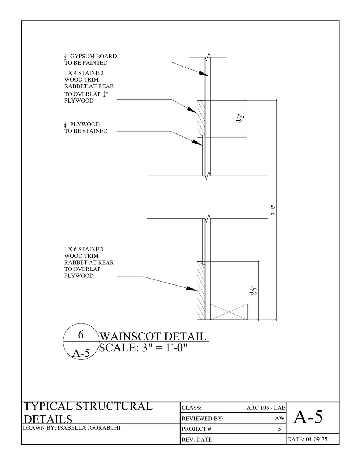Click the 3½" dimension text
241,119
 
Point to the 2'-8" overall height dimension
273,210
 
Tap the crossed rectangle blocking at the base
229,311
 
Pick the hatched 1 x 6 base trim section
201,290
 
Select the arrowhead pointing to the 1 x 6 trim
192,289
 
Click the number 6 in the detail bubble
81,335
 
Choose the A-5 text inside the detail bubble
81,353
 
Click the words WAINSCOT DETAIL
153,336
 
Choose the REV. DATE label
197,440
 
